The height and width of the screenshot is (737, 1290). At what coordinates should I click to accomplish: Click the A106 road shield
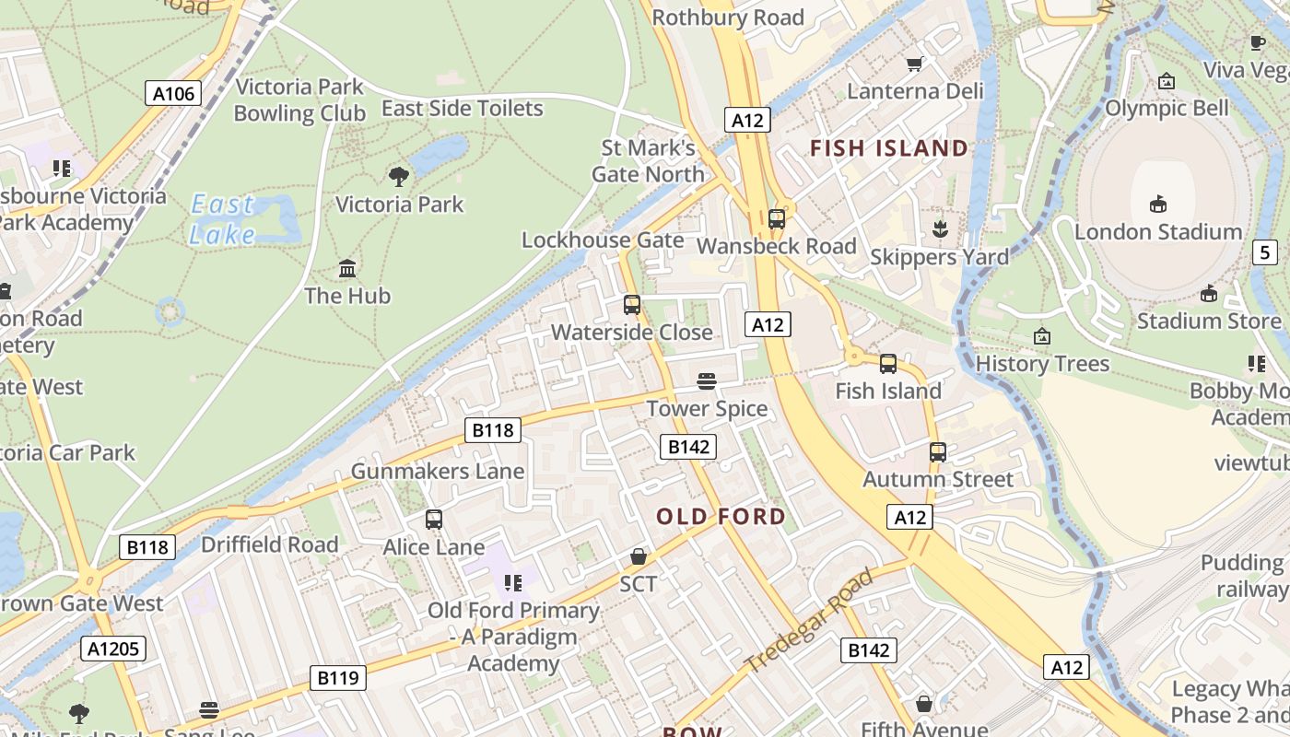(x=173, y=93)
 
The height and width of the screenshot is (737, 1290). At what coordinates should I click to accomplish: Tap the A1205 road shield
(x=114, y=649)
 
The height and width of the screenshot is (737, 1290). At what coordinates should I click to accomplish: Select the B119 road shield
(x=337, y=678)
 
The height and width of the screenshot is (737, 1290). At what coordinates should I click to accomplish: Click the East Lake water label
(x=223, y=219)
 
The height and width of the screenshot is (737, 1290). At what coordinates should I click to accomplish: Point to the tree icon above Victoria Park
(x=399, y=176)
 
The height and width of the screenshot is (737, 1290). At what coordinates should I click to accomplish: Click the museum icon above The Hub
(x=347, y=268)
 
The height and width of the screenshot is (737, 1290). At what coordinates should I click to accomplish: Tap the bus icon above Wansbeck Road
(x=777, y=218)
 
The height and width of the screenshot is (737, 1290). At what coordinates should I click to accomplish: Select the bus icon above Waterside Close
(x=632, y=304)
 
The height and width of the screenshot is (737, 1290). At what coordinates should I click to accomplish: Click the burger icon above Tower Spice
(x=707, y=381)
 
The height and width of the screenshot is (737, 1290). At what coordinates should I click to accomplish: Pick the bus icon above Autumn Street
(x=938, y=451)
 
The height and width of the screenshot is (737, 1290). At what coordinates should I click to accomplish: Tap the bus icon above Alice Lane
(x=434, y=519)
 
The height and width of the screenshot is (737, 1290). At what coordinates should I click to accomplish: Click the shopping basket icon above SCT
(x=638, y=556)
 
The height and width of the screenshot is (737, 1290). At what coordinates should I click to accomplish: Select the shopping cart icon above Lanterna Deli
(x=914, y=64)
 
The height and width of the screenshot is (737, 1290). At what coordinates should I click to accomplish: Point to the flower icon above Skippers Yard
(x=940, y=228)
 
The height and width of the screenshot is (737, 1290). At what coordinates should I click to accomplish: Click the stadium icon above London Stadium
(x=1158, y=204)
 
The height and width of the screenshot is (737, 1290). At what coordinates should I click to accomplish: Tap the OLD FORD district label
(x=721, y=517)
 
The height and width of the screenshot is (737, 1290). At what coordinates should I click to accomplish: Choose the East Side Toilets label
(x=463, y=109)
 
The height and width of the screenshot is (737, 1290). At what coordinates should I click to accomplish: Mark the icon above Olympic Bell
(x=1167, y=81)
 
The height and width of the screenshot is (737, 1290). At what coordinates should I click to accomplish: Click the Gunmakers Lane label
(x=438, y=472)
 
